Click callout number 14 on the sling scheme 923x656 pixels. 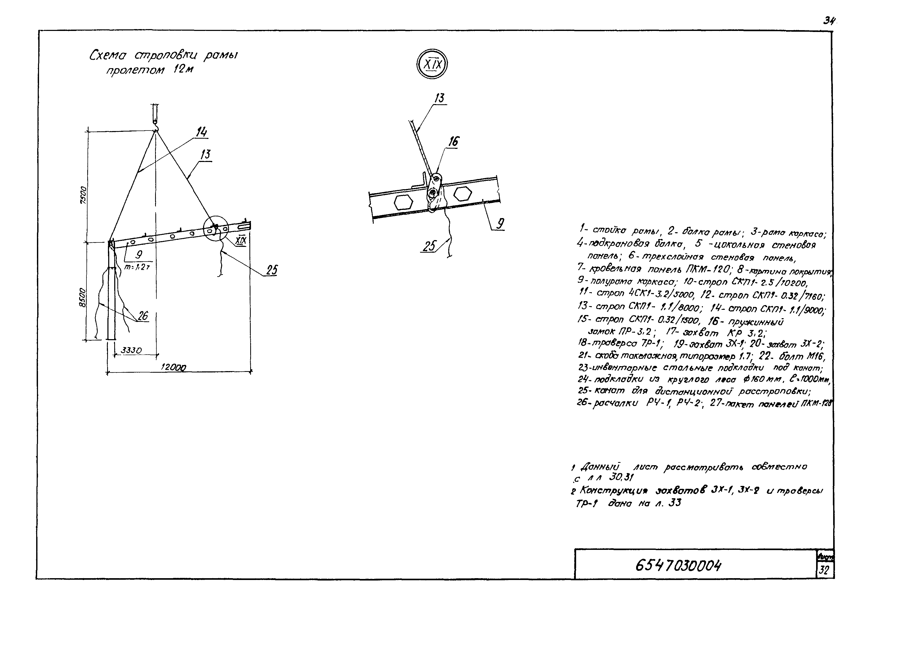(201, 132)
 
